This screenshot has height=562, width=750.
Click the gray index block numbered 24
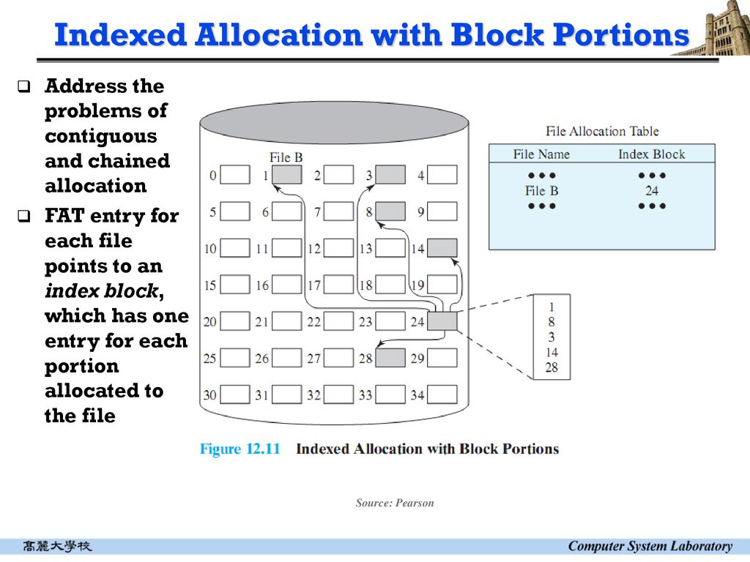442,321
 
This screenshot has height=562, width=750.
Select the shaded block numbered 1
286,175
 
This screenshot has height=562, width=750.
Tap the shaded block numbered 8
390,211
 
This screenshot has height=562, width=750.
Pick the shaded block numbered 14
442,248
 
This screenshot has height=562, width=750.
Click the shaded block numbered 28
390,358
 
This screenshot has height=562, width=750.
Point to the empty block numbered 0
235,175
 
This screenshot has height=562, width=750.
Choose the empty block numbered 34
442,394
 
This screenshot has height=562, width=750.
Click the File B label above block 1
286,157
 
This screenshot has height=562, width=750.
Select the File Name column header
541,154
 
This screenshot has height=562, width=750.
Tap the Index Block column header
651,154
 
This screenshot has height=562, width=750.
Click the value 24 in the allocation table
652,190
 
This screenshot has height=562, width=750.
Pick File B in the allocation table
541,190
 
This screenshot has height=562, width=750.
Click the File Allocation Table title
602,131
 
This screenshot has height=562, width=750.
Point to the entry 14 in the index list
552,352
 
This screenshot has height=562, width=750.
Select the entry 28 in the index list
552,367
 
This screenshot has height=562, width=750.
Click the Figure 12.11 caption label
240,449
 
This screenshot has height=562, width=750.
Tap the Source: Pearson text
395,503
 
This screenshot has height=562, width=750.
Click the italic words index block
101,291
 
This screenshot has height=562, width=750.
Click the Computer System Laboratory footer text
650,546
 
